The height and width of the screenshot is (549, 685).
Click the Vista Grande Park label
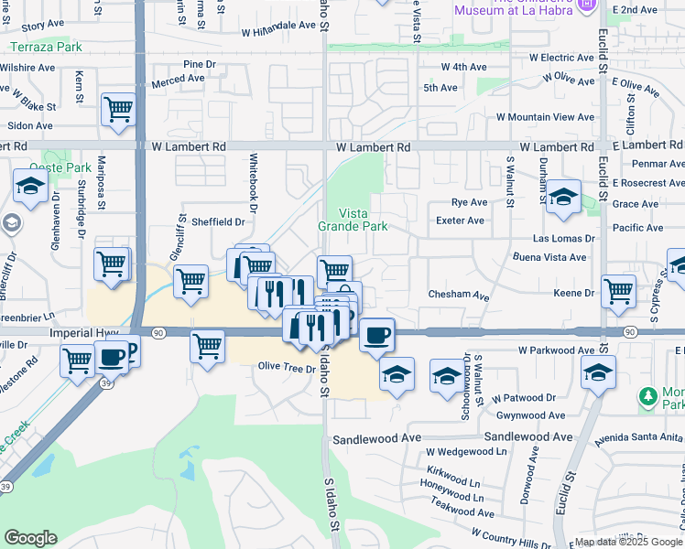click(x=353, y=220)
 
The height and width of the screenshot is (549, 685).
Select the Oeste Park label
click(x=60, y=167)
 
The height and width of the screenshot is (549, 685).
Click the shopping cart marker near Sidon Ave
click(x=118, y=110)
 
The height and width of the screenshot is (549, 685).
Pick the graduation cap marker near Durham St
click(x=563, y=198)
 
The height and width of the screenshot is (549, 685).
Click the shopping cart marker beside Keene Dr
click(x=619, y=291)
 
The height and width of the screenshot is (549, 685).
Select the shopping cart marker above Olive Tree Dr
click(x=208, y=346)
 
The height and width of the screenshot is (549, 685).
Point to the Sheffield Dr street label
click(x=218, y=221)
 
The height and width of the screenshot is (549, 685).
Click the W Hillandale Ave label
click(x=279, y=31)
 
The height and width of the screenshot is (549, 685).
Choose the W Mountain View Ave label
click(x=546, y=117)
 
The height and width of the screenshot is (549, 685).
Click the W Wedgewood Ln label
click(x=465, y=451)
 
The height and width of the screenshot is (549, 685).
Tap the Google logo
click(x=30, y=538)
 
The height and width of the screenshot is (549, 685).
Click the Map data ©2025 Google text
click(x=626, y=542)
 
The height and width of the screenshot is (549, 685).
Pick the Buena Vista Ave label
click(x=553, y=258)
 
